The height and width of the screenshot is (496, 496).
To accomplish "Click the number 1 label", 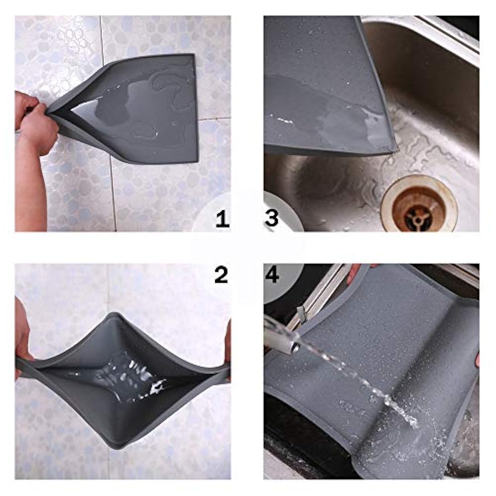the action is [x=222, y=219].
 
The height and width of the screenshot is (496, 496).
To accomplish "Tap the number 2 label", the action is [x=221, y=275].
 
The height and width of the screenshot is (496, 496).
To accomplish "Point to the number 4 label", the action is [x=272, y=275].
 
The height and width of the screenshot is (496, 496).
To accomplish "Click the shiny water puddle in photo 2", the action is [x=127, y=380].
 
